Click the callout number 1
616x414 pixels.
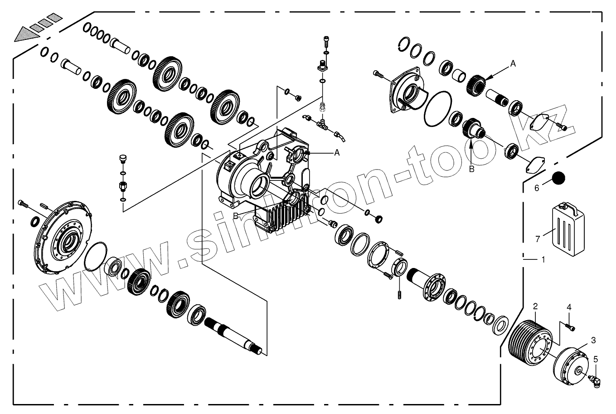(543, 260)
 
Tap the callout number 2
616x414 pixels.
(535, 306)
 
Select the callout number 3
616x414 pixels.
(593, 340)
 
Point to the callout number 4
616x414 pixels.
(568, 307)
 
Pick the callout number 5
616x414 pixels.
(596, 359)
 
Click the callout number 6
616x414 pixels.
(537, 188)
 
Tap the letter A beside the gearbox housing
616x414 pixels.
(337, 153)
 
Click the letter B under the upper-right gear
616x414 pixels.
(471, 169)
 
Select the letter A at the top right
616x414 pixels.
(513, 64)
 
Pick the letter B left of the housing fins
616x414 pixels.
(236, 216)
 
